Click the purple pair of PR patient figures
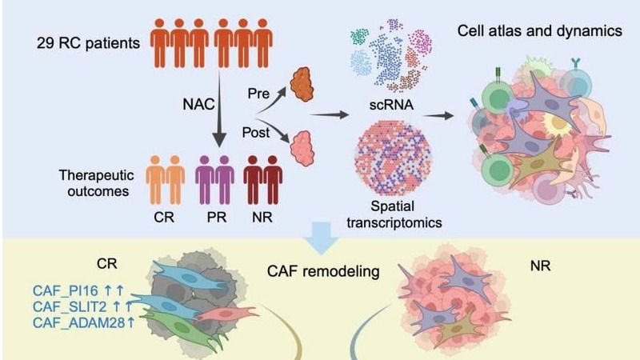(214, 183)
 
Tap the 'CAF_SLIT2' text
(65, 306)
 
